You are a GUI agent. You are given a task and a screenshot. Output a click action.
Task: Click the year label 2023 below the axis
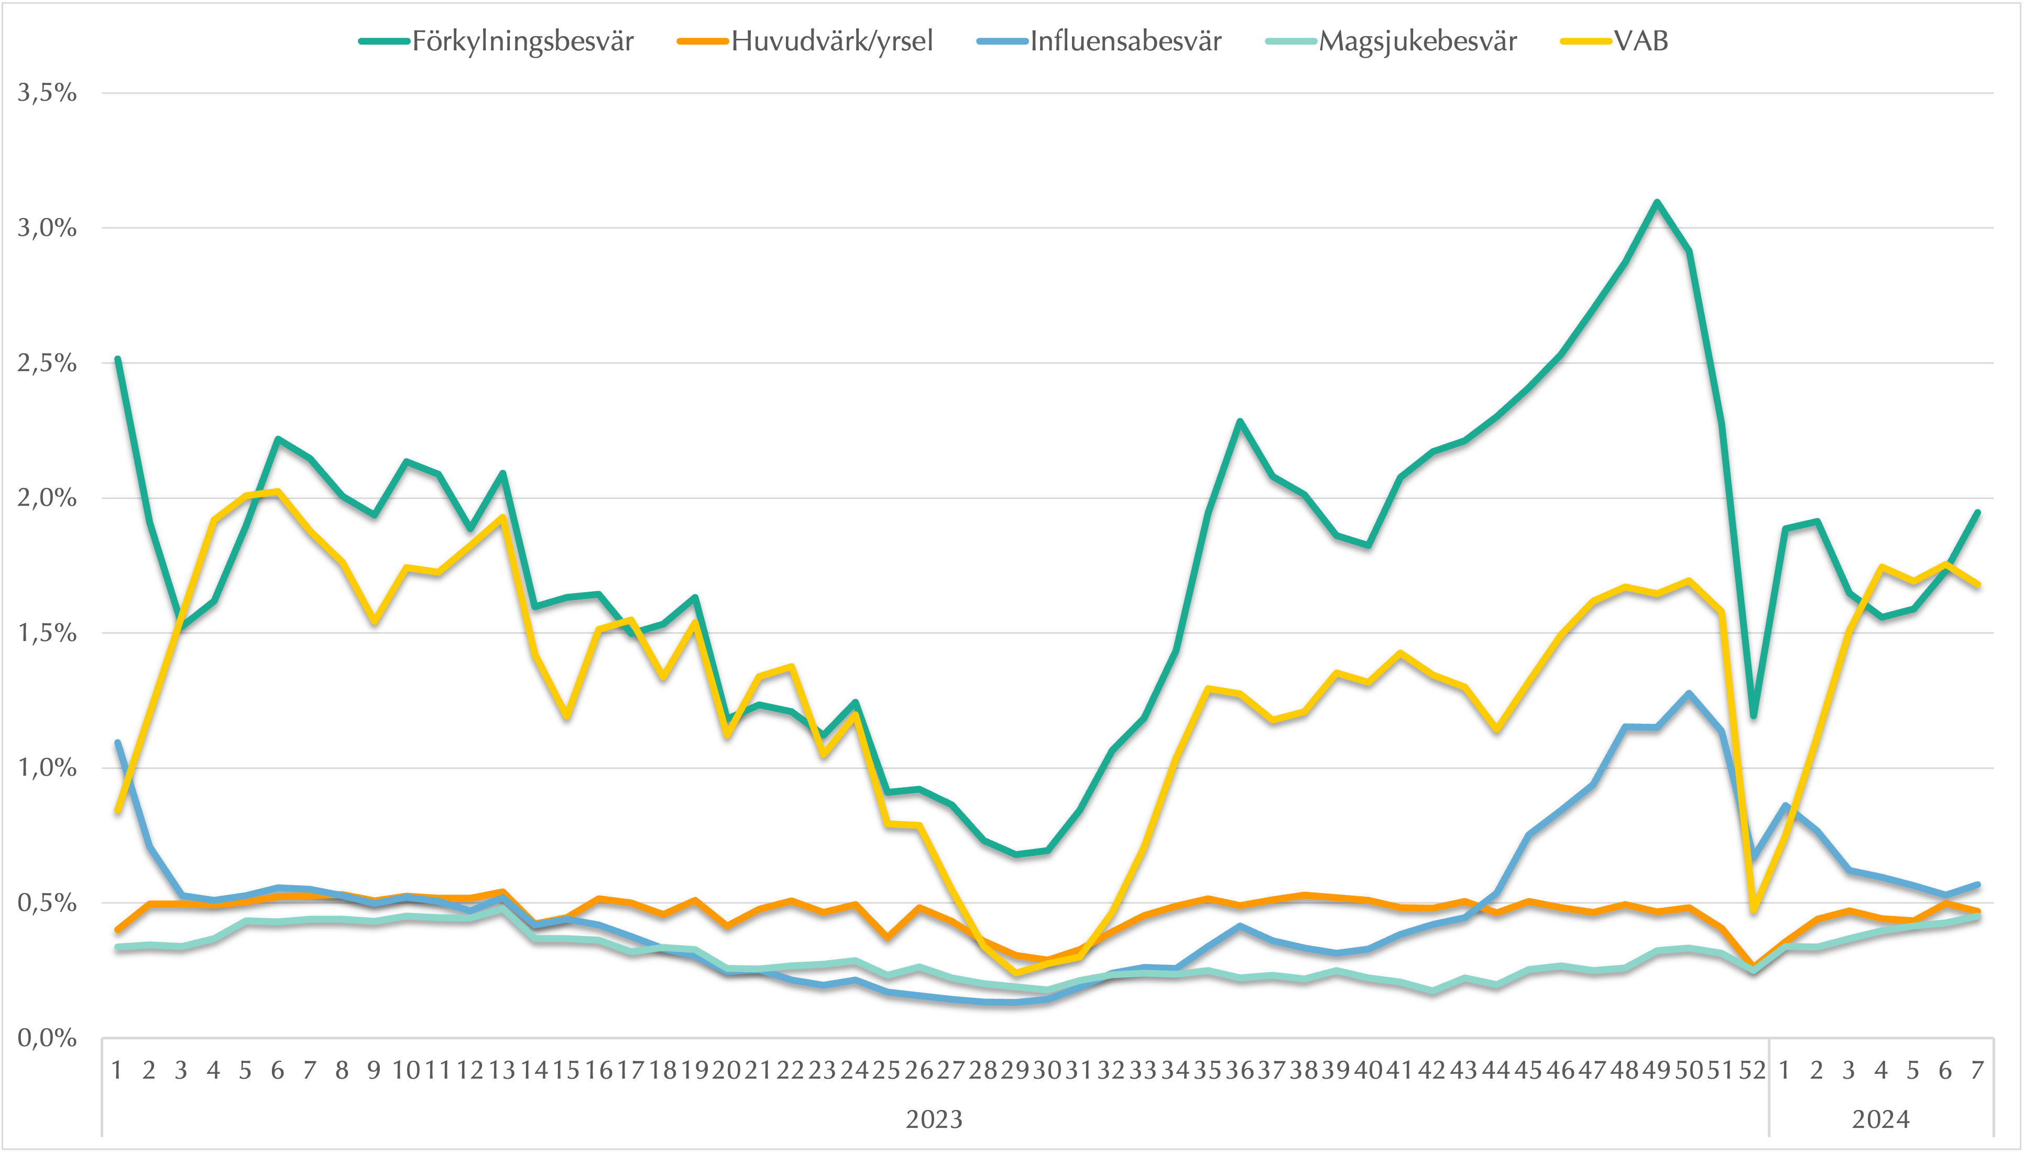coord(934,1120)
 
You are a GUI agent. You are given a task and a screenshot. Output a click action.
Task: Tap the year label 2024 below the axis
coord(1881,1120)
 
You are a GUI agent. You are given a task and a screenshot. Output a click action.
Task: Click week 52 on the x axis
coord(1753,1071)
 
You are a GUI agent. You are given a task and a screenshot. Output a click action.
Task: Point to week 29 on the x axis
coord(1015,1071)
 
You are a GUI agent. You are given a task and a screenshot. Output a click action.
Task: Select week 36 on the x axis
coord(1240,1071)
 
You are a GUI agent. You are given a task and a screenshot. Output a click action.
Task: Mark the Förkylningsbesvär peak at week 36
coord(1240,421)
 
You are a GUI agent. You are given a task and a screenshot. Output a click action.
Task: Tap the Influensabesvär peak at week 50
coord(1689,694)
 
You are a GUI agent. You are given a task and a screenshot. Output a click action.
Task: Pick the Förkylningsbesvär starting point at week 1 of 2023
coord(118,358)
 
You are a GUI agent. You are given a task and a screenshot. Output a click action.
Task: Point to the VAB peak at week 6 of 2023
coord(278,492)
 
